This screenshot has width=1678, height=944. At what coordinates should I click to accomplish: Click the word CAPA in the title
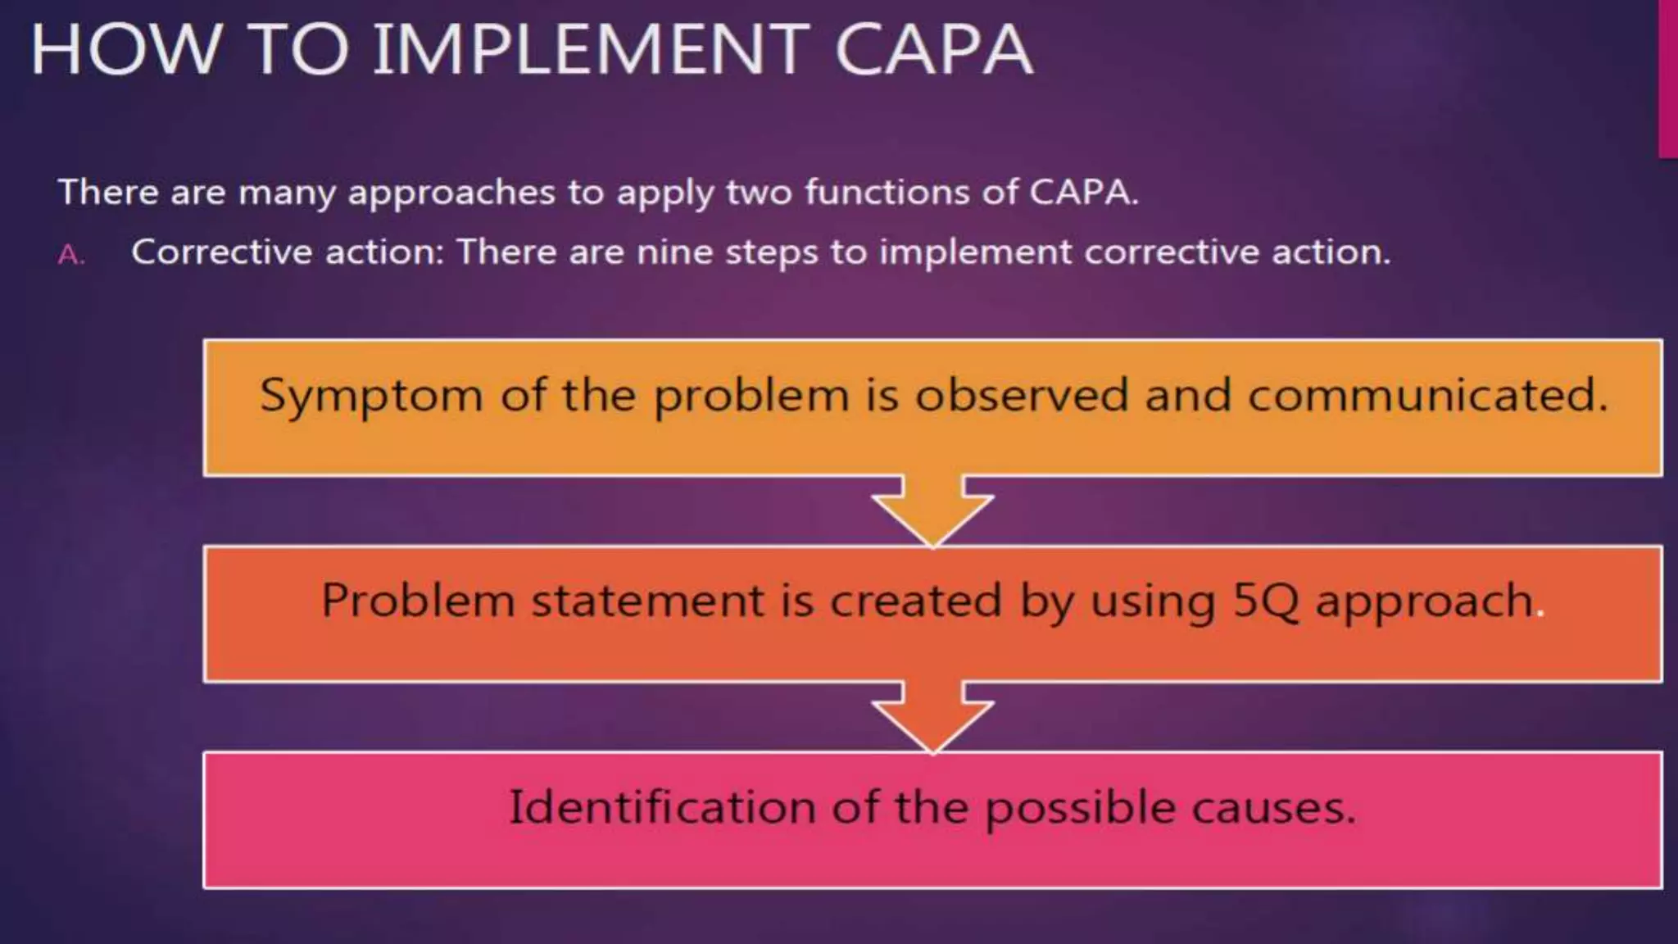[933, 51]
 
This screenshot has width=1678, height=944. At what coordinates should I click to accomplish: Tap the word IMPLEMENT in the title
[591, 51]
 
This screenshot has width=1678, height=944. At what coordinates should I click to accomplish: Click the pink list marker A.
[70, 256]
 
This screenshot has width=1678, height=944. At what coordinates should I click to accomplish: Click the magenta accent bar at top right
[1668, 78]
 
